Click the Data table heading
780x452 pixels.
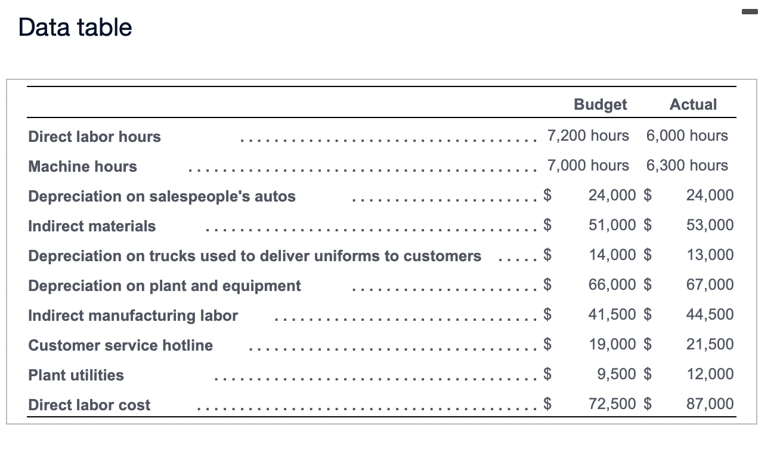point(75,27)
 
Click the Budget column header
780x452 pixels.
point(600,104)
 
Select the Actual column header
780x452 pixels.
point(693,104)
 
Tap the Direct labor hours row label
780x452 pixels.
point(94,137)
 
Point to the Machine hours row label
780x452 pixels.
point(82,166)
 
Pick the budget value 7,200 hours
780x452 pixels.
point(588,135)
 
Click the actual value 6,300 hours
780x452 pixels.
point(687,165)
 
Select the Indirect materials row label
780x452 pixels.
point(92,226)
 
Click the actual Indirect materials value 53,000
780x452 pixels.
point(710,225)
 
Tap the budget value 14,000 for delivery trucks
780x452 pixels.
point(612,255)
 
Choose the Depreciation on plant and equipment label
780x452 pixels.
point(165,286)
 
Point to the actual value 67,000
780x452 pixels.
point(710,284)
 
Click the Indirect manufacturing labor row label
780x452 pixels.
point(133,315)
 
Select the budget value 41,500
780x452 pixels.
point(612,314)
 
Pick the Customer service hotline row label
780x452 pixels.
point(120,345)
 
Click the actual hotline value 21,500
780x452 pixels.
point(710,344)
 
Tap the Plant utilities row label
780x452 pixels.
point(76,375)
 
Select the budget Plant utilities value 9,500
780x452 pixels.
point(616,374)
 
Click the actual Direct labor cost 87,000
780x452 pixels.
point(710,404)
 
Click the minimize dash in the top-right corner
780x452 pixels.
point(750,11)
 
